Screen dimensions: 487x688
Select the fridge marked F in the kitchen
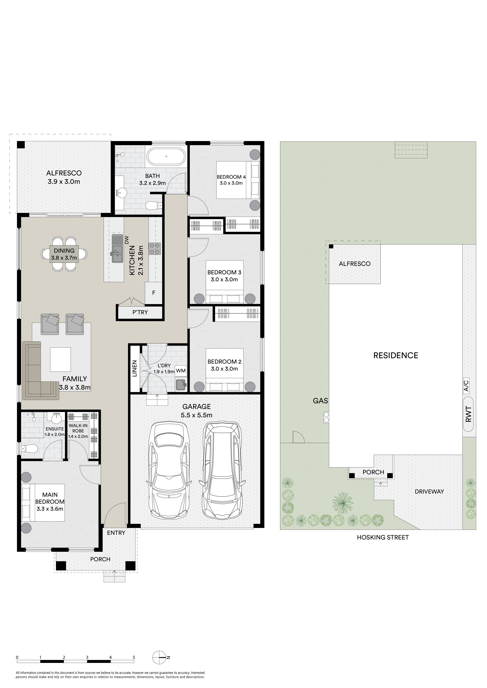coord(154,293)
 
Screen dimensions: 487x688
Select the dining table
coord(64,254)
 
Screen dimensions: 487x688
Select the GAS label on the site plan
coord(320,401)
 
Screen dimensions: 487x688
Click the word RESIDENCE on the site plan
coord(396,355)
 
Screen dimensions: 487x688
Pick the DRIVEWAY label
coord(429,491)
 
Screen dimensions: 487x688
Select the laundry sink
coord(181,384)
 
